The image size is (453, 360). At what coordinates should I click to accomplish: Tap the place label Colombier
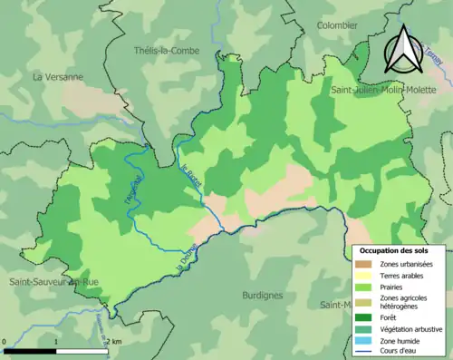[x=337, y=26]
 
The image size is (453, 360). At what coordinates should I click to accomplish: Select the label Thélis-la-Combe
[x=165, y=50]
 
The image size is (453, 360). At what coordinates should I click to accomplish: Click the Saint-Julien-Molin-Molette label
[x=390, y=91]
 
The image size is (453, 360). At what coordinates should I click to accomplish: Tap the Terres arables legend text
[x=405, y=275]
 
